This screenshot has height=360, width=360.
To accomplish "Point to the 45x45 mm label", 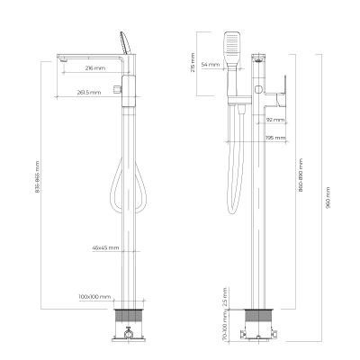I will tap(105, 248).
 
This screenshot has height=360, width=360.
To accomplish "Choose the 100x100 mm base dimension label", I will tap(94, 296).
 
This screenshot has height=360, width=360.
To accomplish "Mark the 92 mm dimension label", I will tap(274, 119).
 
